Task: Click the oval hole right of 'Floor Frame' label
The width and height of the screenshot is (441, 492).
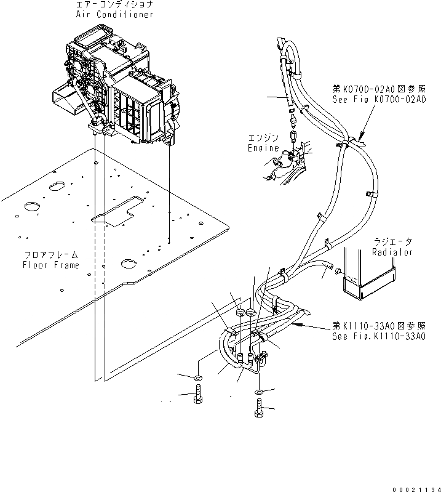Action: tap(129, 264)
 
